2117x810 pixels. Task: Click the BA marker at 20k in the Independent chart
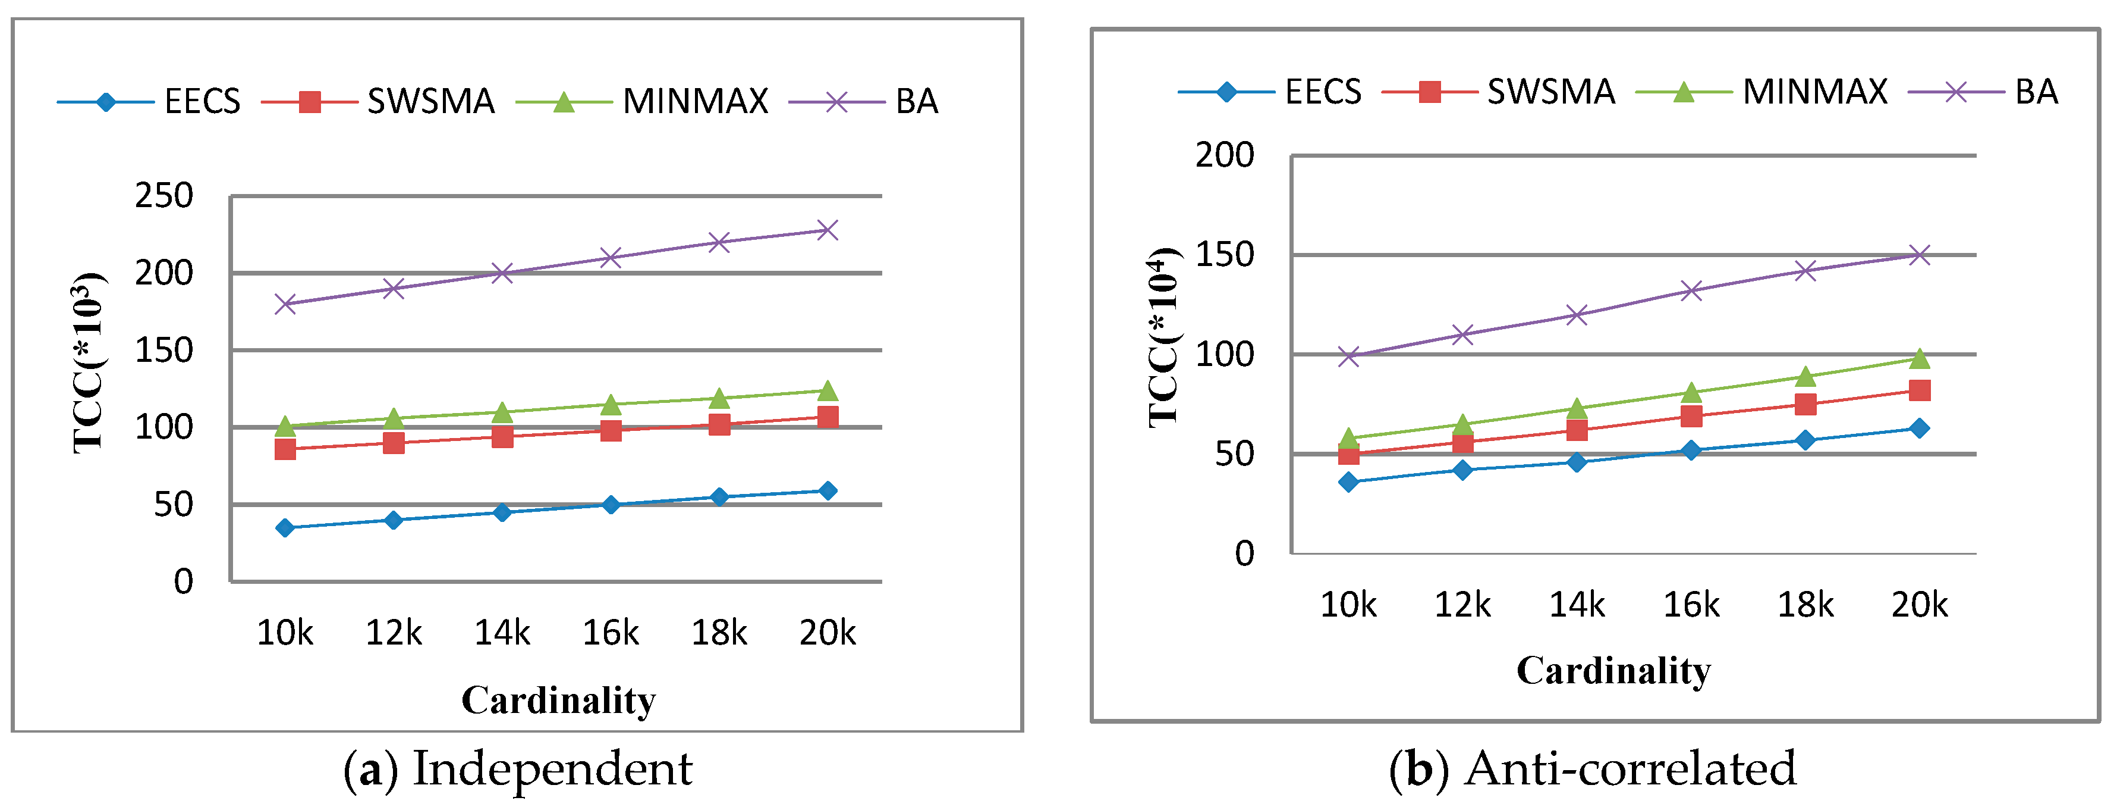click(828, 230)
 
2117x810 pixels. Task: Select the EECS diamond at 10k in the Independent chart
click(285, 527)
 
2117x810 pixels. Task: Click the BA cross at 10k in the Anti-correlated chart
click(1348, 356)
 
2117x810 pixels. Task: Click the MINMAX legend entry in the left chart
click(694, 102)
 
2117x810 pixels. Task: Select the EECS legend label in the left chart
click(202, 102)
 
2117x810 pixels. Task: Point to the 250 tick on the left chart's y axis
click(163, 196)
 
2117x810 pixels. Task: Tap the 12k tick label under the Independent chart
click(394, 633)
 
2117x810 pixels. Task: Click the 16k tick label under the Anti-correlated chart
click(1691, 605)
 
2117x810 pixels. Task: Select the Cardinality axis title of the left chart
click(558, 700)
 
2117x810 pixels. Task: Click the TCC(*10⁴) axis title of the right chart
click(1163, 337)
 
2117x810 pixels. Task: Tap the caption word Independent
click(552, 769)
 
